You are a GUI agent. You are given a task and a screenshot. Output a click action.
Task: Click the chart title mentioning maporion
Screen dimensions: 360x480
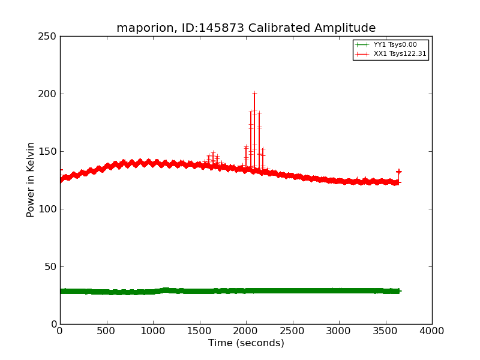(246, 28)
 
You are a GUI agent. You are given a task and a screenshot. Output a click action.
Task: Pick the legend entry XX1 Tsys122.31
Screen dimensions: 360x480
(400, 54)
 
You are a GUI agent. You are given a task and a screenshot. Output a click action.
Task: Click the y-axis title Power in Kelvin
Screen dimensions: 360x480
(31, 179)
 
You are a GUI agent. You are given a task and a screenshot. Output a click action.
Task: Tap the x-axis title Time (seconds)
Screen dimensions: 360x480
(246, 343)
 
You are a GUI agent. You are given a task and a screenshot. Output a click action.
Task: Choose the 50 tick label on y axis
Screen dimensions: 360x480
(50, 266)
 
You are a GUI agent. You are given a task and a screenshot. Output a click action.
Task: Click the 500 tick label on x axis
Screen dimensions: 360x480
(107, 331)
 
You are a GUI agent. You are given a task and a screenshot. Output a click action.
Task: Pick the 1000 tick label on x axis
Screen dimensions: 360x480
(153, 331)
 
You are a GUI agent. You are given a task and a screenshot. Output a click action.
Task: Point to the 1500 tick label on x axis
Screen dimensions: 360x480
(200, 331)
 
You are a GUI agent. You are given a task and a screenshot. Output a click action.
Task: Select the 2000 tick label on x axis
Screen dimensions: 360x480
(246, 331)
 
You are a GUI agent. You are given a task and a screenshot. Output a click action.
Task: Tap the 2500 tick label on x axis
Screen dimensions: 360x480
(293, 331)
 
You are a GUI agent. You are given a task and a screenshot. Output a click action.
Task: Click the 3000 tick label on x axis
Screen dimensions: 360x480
(339, 331)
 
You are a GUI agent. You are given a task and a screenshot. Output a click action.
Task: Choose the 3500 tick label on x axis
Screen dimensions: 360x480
(386, 331)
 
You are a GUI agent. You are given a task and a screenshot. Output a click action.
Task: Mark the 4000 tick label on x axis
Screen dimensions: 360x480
(432, 331)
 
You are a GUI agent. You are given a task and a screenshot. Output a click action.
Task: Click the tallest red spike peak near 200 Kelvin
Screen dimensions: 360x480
(254, 93)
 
